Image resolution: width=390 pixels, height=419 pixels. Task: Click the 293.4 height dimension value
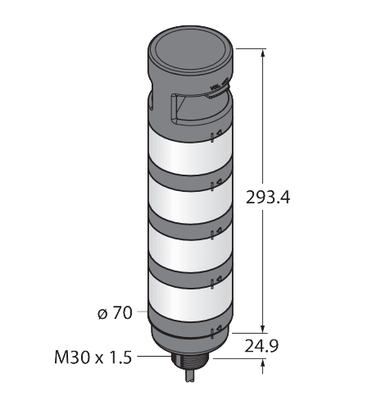(268, 198)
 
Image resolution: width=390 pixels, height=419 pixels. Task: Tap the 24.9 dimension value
(261, 346)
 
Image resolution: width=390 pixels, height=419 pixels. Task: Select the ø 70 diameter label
(115, 312)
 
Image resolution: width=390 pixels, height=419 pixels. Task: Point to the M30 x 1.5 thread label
(93, 358)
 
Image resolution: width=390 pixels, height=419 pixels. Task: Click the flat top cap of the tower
(191, 50)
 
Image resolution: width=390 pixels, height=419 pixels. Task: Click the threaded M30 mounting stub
(189, 363)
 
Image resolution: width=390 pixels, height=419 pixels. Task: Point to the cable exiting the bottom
(189, 376)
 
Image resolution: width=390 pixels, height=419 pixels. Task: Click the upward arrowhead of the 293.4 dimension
(263, 54)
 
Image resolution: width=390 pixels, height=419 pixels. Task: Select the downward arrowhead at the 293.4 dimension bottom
(263, 328)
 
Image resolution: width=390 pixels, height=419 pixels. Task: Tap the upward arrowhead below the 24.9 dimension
(263, 363)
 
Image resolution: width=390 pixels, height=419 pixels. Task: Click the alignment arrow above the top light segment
(219, 134)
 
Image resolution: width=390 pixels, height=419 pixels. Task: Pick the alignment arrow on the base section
(219, 329)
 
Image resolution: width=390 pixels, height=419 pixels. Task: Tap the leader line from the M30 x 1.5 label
(154, 357)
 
